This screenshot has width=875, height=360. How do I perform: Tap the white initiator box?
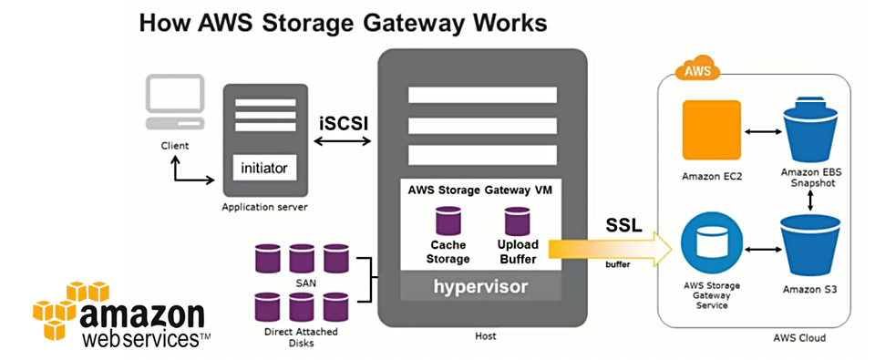tap(264, 168)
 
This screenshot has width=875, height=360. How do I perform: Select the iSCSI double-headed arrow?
tap(343, 142)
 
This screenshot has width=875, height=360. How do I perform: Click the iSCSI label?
tap(344, 123)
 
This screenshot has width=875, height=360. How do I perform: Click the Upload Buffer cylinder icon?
tap(518, 221)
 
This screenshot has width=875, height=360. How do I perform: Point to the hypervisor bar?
tap(480, 286)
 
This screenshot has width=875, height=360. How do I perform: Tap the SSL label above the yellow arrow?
tap(623, 225)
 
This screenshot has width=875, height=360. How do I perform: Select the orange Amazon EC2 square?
tap(711, 130)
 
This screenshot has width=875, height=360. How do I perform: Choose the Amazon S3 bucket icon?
tap(810, 246)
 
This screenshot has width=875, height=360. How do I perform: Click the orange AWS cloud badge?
tap(697, 71)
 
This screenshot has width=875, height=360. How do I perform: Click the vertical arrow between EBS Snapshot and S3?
tap(810, 201)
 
